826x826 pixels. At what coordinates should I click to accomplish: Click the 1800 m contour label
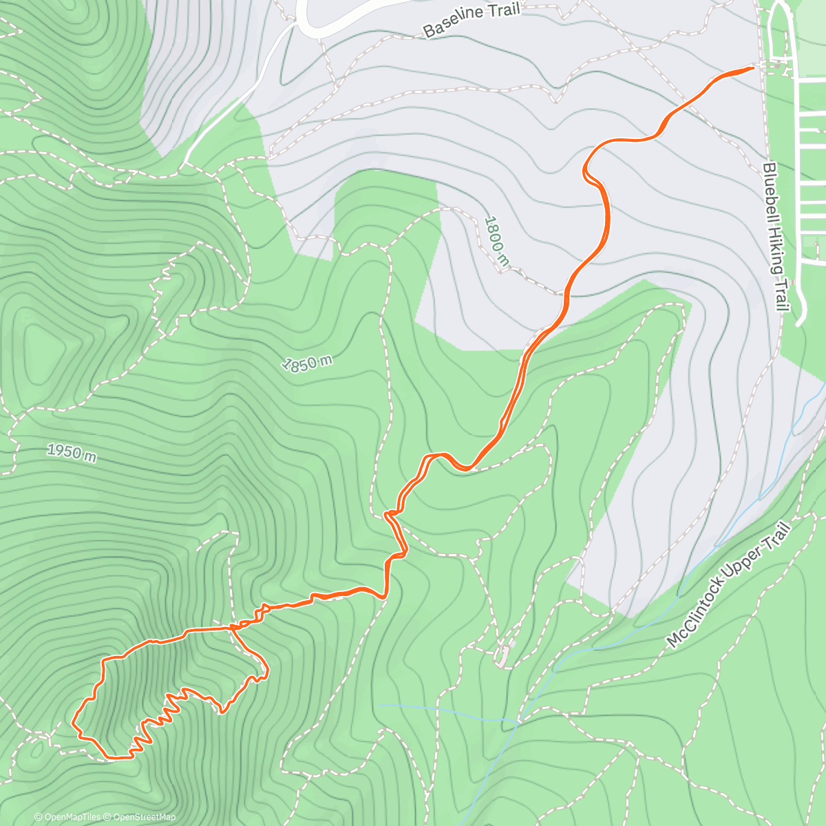pos(497,241)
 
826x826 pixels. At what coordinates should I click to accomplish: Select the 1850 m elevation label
pos(308,363)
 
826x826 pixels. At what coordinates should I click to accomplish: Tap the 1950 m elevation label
pos(72,452)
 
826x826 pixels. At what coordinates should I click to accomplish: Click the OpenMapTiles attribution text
pos(67,817)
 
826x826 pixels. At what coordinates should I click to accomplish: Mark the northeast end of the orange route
pos(752,67)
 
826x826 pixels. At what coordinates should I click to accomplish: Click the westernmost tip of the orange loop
pos(73,723)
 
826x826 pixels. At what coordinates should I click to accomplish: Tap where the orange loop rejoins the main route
pos(232,628)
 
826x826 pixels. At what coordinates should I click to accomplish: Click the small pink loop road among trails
pos(503,655)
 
